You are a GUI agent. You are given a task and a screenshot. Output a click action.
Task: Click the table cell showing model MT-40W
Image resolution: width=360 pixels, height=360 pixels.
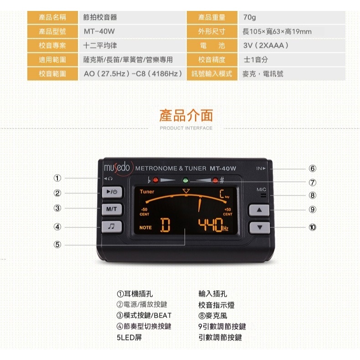(132, 31)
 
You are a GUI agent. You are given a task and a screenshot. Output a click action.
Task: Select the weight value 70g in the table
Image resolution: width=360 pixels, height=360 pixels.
(250, 17)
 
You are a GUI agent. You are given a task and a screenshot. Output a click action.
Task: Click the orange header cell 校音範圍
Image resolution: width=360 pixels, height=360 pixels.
(52, 73)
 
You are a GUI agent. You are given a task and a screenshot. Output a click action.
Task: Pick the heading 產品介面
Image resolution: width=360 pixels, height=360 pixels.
(186, 115)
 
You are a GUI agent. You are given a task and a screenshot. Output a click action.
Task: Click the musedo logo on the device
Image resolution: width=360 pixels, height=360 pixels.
(117, 167)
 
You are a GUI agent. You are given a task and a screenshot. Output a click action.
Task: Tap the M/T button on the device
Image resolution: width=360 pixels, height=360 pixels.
(111, 209)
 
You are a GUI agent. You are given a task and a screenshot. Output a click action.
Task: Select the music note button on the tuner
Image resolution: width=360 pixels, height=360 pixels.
(111, 226)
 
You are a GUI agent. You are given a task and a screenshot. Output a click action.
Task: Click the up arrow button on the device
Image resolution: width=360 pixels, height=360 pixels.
(259, 210)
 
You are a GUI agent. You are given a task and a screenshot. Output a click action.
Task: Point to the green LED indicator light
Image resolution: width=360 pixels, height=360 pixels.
(185, 180)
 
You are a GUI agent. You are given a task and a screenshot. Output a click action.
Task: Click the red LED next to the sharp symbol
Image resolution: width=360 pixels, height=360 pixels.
(214, 180)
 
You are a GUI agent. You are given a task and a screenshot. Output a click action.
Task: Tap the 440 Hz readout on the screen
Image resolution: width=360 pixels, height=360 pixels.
(212, 225)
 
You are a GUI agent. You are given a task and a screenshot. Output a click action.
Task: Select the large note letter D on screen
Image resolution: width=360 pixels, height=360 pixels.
(165, 225)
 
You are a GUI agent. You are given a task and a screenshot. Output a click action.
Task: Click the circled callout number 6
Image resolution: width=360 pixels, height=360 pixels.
(312, 169)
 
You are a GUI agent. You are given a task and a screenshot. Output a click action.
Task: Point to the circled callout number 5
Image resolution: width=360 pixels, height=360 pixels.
(57, 245)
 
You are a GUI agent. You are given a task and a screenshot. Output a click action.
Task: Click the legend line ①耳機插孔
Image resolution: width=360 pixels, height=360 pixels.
(135, 294)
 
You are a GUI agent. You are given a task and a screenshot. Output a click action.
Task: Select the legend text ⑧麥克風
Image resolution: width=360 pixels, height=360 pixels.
(212, 315)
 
